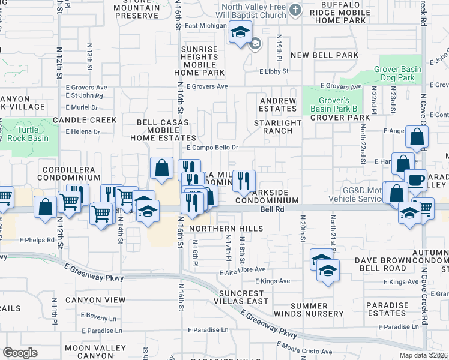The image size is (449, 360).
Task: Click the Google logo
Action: click(x=20, y=352)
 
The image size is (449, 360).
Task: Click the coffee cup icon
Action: click(x=415, y=179)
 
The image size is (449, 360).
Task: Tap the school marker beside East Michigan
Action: click(x=240, y=32)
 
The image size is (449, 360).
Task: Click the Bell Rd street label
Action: click(x=271, y=210)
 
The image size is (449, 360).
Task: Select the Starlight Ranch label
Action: click(x=278, y=127)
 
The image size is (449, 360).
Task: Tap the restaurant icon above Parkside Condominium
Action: click(x=244, y=180)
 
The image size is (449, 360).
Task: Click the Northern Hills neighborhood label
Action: click(x=226, y=229)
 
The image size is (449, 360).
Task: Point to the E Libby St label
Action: click(x=274, y=71)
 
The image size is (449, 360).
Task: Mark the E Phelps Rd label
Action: click(x=37, y=239)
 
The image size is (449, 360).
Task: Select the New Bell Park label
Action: click(x=324, y=55)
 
